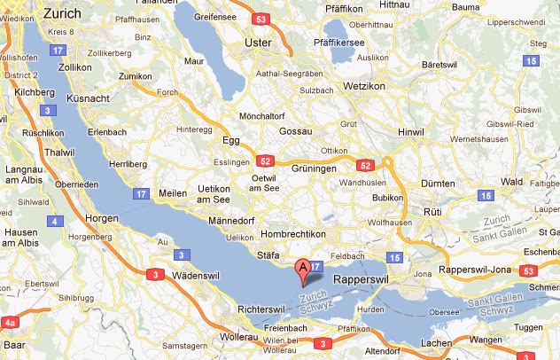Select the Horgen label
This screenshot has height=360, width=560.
coord(102,218)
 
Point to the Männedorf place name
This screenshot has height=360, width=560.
coord(232,221)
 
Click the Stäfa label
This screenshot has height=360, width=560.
coord(268,254)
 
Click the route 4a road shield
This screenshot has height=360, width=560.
coord(11,322)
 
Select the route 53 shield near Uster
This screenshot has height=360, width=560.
coord(259,18)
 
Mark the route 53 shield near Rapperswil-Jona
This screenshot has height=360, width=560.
coord(529,270)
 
